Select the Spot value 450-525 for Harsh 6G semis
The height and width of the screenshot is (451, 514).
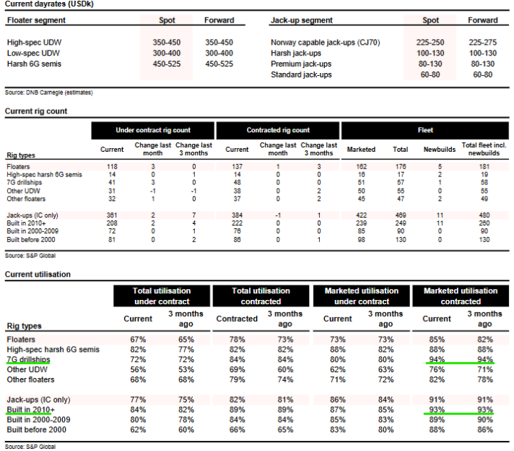[167, 64]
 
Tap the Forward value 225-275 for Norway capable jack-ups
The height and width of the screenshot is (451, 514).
[482, 43]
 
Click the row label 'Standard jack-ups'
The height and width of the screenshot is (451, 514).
[301, 75]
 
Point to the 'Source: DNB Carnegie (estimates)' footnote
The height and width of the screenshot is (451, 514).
[48, 93]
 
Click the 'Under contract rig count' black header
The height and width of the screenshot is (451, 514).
[153, 130]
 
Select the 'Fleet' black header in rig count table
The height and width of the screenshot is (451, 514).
[425, 130]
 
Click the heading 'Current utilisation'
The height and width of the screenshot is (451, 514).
[38, 275]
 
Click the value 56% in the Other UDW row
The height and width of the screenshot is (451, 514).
[138, 369]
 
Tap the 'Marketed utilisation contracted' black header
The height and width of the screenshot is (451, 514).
[460, 296]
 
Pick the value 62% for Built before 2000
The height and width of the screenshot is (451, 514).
[138, 430]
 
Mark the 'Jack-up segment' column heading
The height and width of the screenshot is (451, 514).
[301, 20]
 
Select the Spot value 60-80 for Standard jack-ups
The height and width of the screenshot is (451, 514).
[429, 75]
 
